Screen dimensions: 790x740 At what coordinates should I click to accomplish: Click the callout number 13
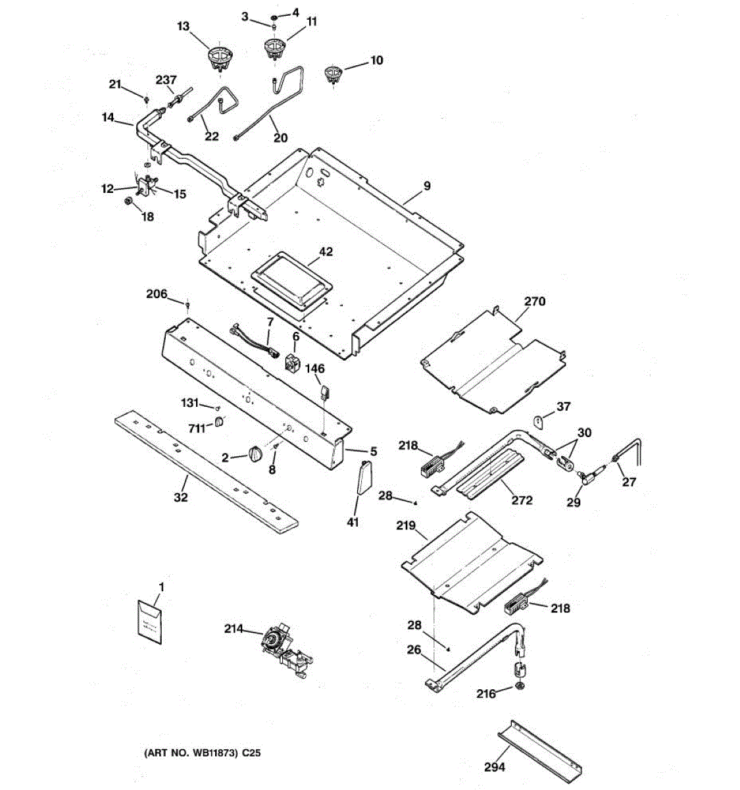(x=183, y=26)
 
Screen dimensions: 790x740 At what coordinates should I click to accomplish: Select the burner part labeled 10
(x=335, y=74)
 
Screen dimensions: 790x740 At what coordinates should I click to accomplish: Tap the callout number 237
(x=166, y=80)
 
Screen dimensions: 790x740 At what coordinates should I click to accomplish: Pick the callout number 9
(x=427, y=186)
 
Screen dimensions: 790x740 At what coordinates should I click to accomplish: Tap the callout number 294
(x=495, y=767)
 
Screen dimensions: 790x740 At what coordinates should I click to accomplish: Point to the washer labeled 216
(x=520, y=688)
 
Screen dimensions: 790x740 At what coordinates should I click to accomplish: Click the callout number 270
(x=535, y=302)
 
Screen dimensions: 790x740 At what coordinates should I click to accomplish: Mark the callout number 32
(x=180, y=497)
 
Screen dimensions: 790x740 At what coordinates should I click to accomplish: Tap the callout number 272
(x=522, y=500)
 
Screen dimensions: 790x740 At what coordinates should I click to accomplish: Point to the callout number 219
(x=406, y=525)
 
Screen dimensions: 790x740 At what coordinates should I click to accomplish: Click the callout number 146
(x=314, y=369)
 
